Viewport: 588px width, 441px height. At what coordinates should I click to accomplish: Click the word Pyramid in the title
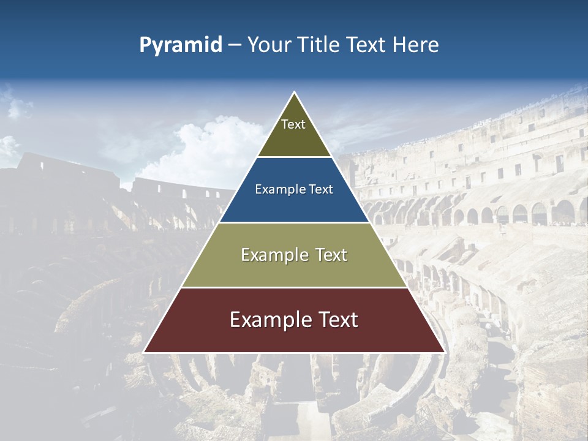coord(180,45)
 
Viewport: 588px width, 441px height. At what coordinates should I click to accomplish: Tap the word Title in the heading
coord(319,45)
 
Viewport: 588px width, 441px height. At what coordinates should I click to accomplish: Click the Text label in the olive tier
coord(293,124)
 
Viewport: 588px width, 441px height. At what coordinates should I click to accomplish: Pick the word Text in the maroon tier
coord(336,320)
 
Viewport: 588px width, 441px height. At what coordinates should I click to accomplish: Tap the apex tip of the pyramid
coord(294,92)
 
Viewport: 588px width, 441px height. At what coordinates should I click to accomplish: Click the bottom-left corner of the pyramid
coord(145,352)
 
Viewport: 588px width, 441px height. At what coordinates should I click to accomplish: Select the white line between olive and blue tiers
coord(294,157)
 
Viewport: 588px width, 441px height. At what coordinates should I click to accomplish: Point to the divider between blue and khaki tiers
coord(294,222)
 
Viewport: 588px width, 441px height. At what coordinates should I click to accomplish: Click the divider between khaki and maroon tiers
coord(294,287)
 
